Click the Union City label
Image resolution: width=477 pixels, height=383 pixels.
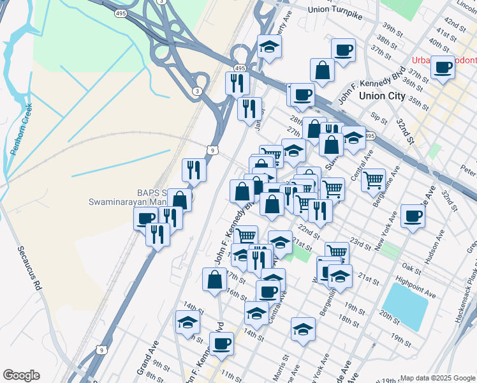(381, 96)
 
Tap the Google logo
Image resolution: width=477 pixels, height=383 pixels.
(21, 375)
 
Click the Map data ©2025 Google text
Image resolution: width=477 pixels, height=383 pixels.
(437, 378)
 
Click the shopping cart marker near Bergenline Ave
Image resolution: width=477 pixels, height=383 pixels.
(373, 179)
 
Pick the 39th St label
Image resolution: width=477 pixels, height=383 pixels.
(393, 31)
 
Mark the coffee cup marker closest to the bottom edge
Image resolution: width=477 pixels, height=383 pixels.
(221, 343)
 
